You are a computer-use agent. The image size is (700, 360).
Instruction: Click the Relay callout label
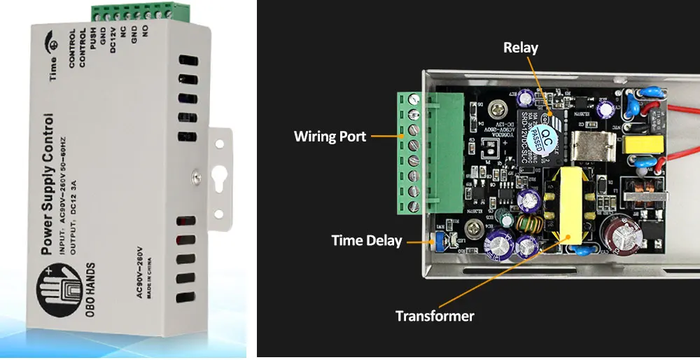point(521,48)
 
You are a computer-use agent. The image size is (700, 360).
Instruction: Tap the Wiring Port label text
point(330,136)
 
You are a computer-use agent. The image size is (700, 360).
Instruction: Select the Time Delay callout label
point(366,241)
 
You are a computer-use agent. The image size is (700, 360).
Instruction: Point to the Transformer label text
point(435,316)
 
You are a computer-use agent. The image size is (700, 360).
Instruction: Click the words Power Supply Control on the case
point(48,183)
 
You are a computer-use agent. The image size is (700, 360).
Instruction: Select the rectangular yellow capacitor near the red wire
point(638,147)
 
